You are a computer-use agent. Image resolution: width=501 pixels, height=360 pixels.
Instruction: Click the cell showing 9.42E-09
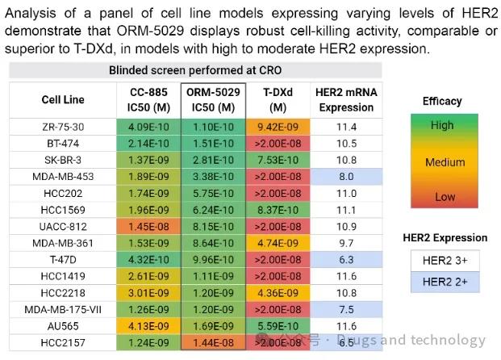click(x=278, y=127)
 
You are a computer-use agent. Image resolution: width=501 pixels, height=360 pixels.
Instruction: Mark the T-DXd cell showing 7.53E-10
click(x=278, y=160)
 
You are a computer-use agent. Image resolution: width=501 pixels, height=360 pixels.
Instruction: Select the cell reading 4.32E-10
click(x=147, y=260)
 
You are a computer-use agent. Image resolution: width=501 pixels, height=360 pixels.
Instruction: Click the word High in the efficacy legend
click(x=441, y=126)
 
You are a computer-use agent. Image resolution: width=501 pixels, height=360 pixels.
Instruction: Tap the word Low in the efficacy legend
click(x=441, y=196)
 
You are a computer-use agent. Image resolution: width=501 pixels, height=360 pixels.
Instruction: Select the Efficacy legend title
click(x=441, y=102)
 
